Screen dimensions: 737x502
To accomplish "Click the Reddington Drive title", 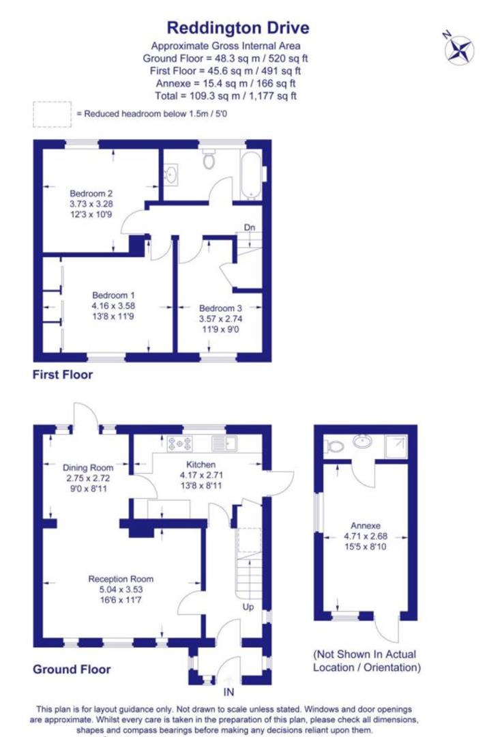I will (x=238, y=28).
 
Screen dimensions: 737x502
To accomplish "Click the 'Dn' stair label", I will (x=250, y=227).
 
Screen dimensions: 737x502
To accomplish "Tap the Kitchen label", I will (x=197, y=465).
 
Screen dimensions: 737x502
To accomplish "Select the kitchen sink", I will (x=223, y=444).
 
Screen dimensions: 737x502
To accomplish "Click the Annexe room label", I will (x=365, y=525).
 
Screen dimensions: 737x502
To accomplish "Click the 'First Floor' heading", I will (x=63, y=375).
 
